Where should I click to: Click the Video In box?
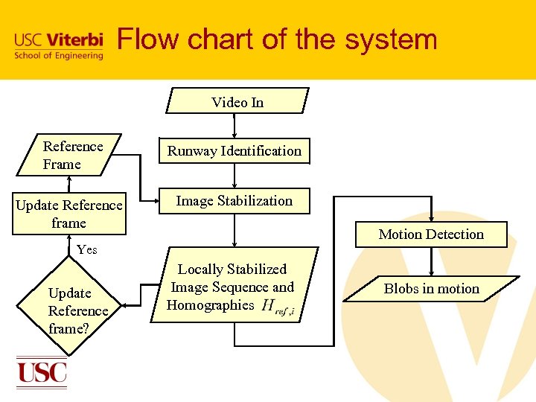coord(237,102)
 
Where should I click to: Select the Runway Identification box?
coord(234,151)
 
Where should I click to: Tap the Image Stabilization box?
coord(234,201)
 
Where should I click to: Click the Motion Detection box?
coord(431,234)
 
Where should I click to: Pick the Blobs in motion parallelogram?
coord(431,289)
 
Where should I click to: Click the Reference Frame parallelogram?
coord(72,155)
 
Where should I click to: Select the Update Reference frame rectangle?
coord(69,214)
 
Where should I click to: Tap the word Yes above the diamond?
coord(87,249)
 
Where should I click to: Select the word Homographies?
coord(211,305)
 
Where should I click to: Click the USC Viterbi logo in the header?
coord(58,45)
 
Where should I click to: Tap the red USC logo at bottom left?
coord(42,371)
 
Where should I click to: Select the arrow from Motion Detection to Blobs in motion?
coord(432,261)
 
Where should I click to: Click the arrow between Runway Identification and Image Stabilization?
coord(235,176)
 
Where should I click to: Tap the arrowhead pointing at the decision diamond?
coord(125,304)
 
